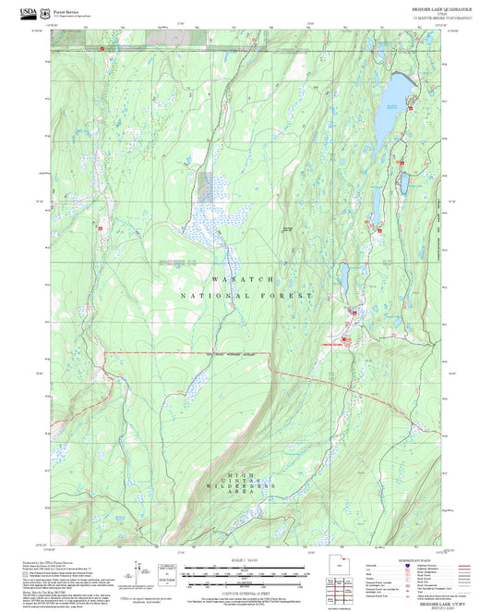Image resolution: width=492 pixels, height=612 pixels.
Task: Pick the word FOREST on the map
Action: click(x=287, y=295)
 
